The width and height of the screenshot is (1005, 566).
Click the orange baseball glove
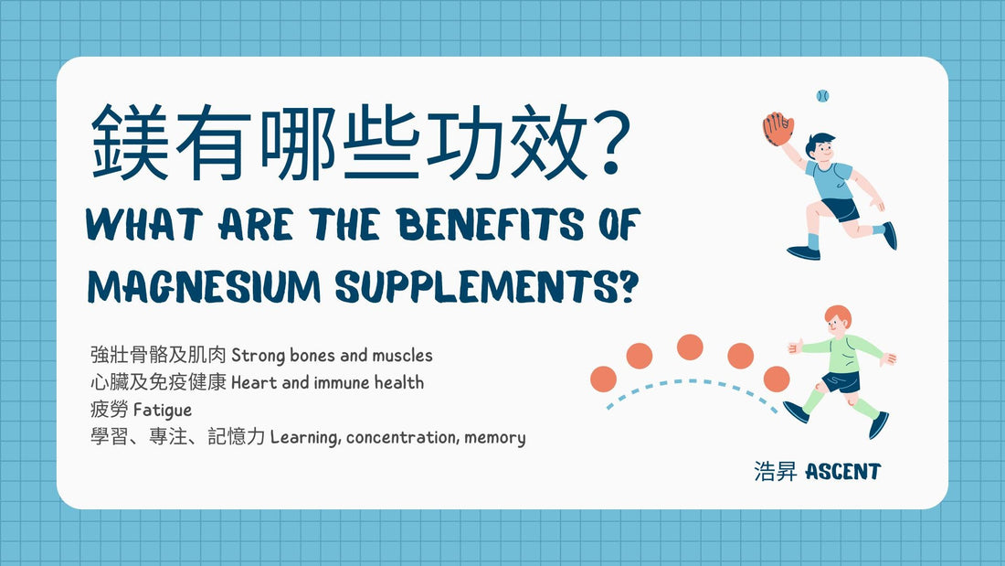(x=778, y=129)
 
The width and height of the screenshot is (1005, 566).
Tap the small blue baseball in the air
(x=822, y=96)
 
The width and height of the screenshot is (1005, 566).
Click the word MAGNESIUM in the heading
(x=204, y=286)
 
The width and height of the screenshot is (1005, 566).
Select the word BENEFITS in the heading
(x=491, y=225)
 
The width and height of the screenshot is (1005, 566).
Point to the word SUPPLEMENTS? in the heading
(x=488, y=286)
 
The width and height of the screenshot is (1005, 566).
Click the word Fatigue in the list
(x=162, y=410)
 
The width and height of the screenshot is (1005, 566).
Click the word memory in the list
(x=495, y=438)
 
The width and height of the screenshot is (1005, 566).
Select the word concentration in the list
(x=401, y=438)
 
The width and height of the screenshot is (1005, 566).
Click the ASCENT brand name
(x=843, y=472)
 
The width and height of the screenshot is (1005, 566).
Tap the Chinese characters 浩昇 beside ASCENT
(x=776, y=472)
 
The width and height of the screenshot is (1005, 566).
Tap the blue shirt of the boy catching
(x=831, y=181)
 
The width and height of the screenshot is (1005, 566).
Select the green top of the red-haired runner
(x=844, y=354)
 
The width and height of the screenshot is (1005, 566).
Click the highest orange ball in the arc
(x=690, y=347)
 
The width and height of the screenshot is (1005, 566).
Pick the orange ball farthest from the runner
(x=603, y=379)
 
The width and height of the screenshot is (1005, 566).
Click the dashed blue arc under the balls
(x=691, y=382)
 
